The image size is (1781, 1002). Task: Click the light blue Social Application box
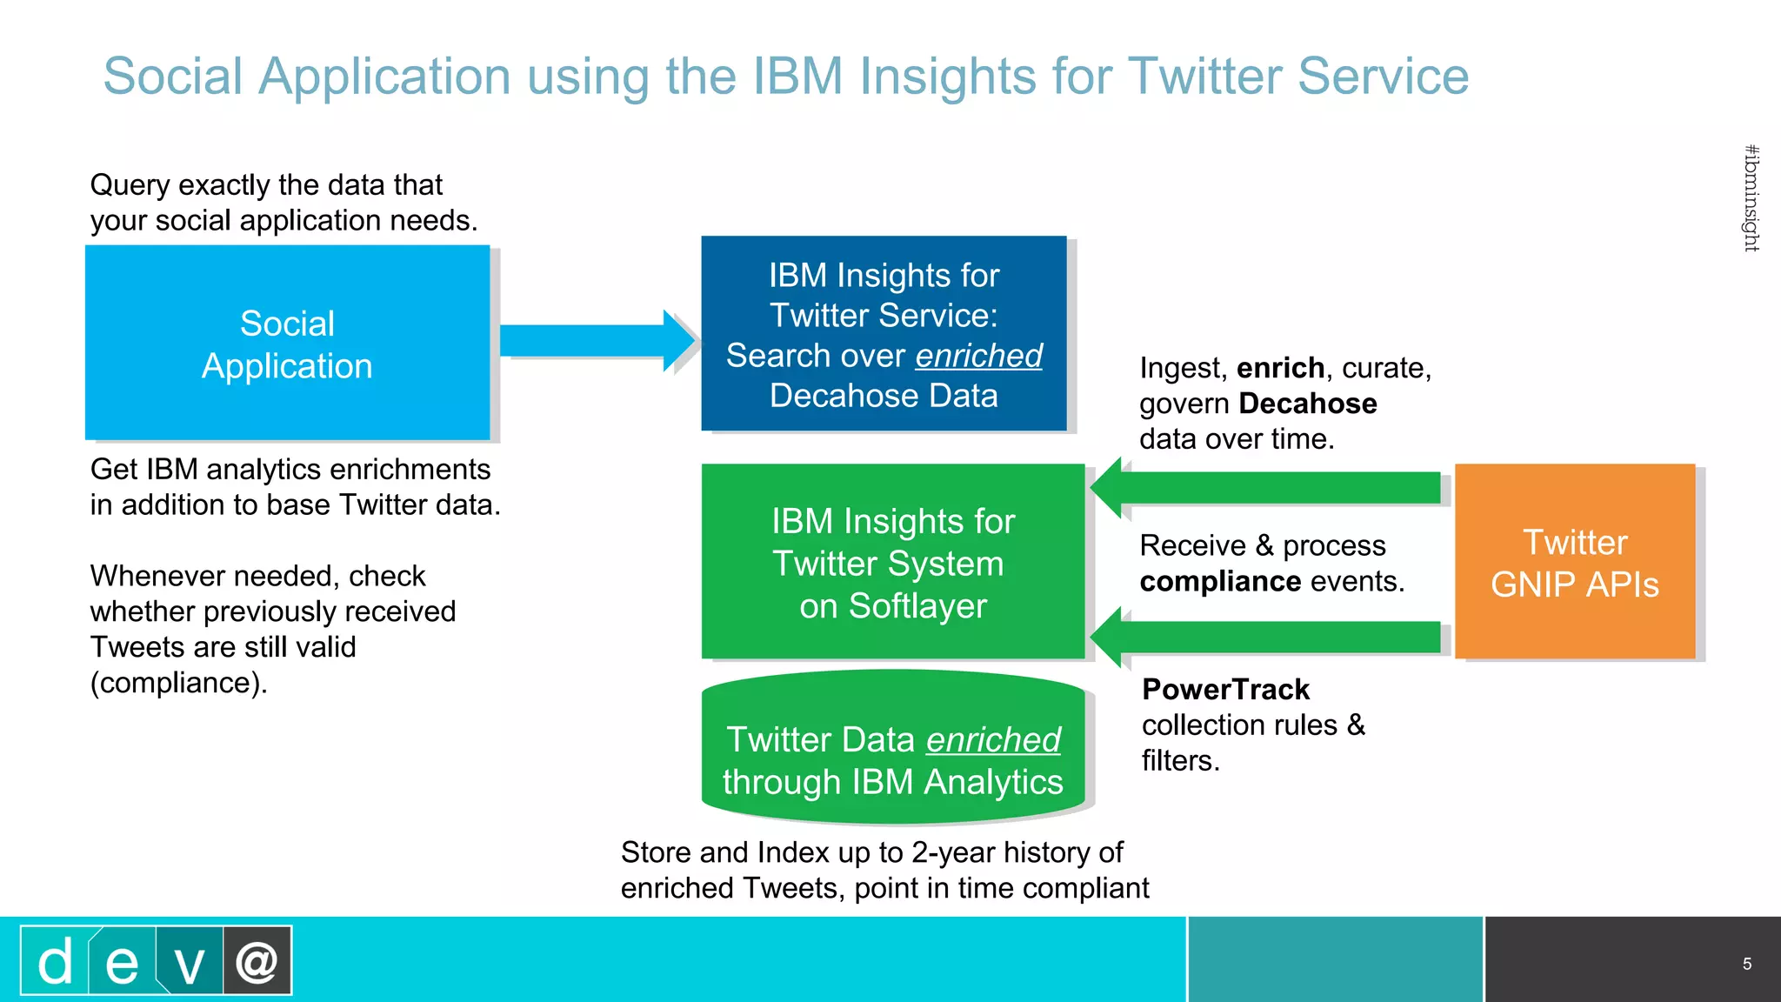point(287,344)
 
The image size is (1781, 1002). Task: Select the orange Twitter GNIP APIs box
point(1575,562)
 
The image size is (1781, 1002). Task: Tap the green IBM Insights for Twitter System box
point(893,562)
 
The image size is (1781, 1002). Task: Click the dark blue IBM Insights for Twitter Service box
point(884,334)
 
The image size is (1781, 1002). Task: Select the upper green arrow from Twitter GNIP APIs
point(1270,488)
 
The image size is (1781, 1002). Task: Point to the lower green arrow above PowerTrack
point(1270,637)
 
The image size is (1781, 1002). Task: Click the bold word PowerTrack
point(1225,689)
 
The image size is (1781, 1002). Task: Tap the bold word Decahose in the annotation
point(1308,404)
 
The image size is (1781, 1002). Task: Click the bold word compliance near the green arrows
point(1220,581)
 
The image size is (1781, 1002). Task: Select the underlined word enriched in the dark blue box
point(978,356)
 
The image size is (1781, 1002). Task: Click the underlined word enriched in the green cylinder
point(993,740)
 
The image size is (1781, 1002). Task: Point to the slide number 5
point(1746,964)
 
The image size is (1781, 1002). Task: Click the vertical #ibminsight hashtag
point(1751,198)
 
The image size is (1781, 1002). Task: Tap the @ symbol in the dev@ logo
point(257,961)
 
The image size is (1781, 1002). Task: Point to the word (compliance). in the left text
point(178,683)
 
